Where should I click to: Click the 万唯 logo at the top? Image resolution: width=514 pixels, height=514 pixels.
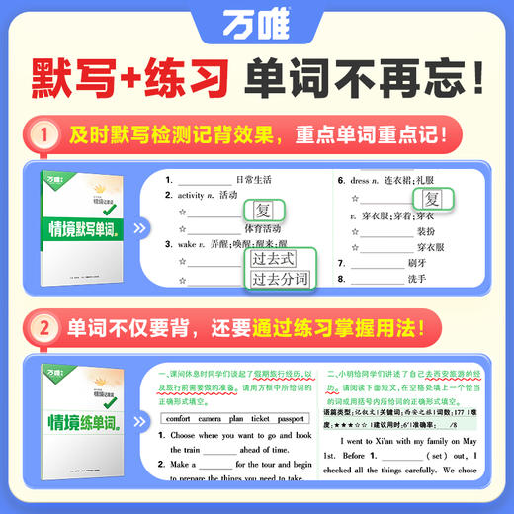click(x=256, y=25)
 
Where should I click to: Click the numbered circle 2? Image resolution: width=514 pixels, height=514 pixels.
click(x=42, y=327)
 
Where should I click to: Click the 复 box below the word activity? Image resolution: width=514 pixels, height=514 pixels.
click(x=263, y=211)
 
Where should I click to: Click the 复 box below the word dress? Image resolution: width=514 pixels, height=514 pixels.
click(x=432, y=199)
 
